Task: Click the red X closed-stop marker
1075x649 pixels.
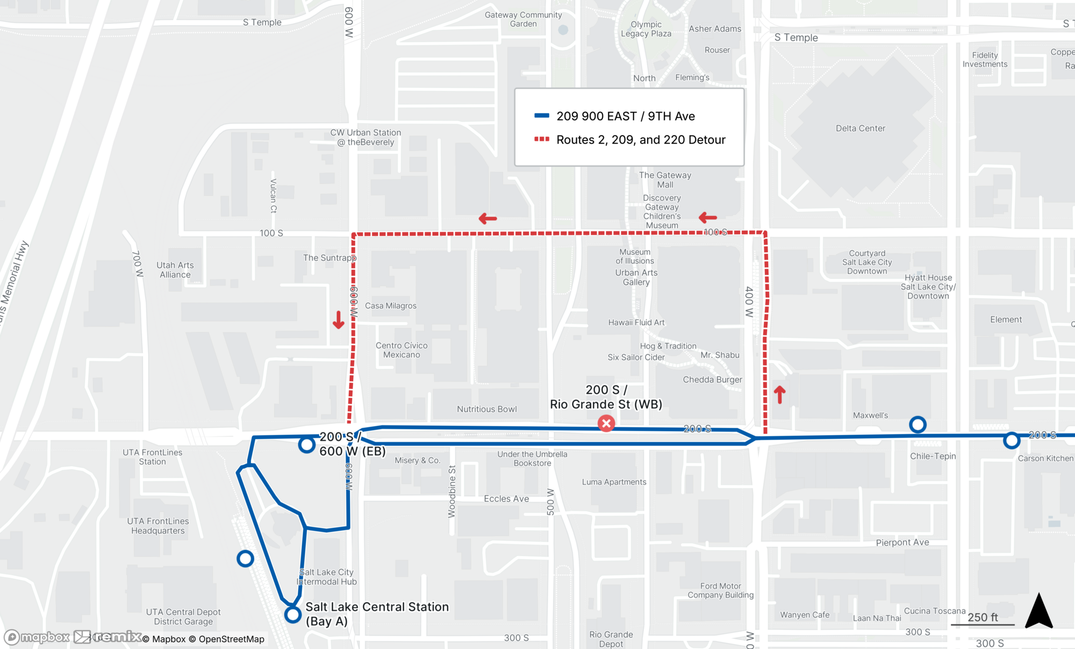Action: (606, 423)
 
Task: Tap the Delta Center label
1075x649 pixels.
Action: (860, 128)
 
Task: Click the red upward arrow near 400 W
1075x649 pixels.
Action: (779, 394)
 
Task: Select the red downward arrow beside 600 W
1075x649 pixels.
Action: (338, 320)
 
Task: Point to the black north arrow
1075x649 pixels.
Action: (1038, 611)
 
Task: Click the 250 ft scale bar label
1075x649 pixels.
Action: (983, 617)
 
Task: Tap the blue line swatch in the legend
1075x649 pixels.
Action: (541, 116)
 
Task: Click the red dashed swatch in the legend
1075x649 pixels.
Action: (541, 139)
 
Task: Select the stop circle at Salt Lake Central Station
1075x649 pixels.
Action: (292, 614)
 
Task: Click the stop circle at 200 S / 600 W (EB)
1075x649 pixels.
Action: (306, 445)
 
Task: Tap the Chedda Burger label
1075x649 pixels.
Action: (712, 380)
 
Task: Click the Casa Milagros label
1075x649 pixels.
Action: (391, 305)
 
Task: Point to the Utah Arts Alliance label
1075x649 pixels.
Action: (175, 270)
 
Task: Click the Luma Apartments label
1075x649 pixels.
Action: (614, 482)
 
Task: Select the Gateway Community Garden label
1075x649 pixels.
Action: (523, 19)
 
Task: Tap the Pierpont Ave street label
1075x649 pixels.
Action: (902, 542)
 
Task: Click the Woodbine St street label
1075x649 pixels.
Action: (451, 491)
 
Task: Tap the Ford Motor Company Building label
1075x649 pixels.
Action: (720, 590)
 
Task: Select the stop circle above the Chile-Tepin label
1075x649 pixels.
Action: (918, 425)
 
